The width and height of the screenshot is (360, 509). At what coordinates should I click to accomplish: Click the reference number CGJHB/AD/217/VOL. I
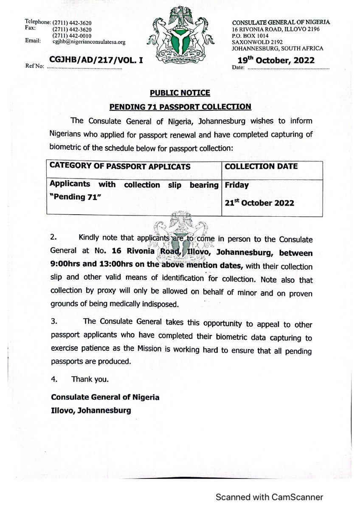tap(95, 61)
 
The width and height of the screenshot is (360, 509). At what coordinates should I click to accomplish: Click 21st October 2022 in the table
tap(259, 203)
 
